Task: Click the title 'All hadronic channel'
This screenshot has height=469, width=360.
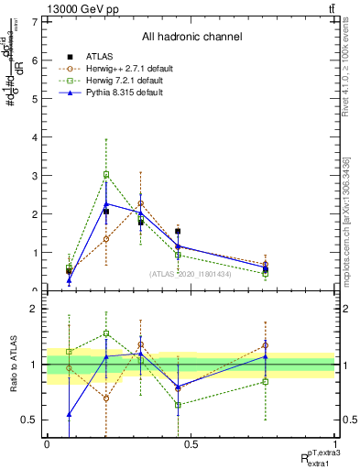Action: (191, 38)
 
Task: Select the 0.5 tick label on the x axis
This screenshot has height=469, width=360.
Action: (191, 444)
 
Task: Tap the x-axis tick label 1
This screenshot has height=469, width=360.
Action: (335, 444)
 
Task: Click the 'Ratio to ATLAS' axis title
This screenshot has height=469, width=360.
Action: (12, 365)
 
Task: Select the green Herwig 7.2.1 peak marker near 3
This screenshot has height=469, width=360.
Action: (106, 174)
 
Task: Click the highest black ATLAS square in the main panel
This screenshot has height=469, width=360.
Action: (106, 212)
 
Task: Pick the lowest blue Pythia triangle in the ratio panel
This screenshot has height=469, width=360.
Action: (69, 414)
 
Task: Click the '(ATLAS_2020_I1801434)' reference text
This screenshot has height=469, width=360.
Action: (191, 274)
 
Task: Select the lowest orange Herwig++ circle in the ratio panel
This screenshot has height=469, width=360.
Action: (106, 398)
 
